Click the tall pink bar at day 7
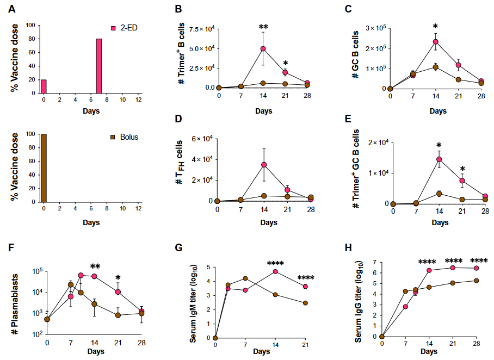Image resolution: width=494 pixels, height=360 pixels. click(x=99, y=66)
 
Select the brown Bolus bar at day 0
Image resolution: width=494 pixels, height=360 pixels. click(x=44, y=168)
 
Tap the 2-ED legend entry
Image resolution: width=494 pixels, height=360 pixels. click(x=124, y=28)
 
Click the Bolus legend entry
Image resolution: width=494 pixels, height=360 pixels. click(x=124, y=137)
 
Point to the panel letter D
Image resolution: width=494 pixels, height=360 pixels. click(x=178, y=119)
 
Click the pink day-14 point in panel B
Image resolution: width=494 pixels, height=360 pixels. click(x=263, y=48)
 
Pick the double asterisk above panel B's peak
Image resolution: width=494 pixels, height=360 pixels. click(x=263, y=27)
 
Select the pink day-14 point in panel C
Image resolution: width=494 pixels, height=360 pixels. click(x=436, y=41)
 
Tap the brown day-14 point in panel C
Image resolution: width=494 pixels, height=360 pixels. click(x=436, y=67)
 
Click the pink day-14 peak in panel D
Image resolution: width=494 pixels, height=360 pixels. click(x=264, y=165)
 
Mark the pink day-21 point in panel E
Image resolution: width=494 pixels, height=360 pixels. click(x=462, y=181)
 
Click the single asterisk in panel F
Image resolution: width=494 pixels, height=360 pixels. click(x=118, y=278)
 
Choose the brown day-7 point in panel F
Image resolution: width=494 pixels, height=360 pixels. click(x=71, y=285)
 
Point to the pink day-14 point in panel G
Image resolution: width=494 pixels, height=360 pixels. click(x=275, y=271)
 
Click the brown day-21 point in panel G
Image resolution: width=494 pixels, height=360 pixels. click(x=305, y=303)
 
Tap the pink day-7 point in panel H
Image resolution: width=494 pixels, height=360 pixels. click(x=405, y=307)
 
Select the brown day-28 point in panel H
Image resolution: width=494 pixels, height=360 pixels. click(x=477, y=281)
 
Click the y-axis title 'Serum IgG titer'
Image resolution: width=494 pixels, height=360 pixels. click(x=358, y=302)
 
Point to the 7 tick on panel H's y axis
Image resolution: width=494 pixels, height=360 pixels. click(x=375, y=262)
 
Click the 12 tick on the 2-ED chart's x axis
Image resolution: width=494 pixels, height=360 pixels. click(x=138, y=100)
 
